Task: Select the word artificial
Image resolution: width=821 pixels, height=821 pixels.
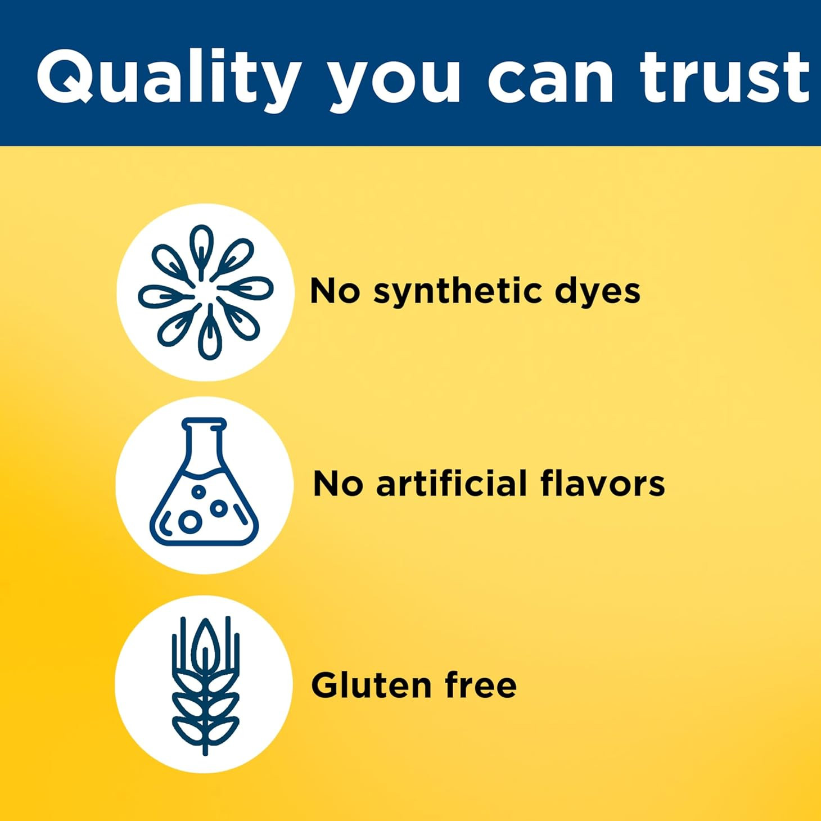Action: point(452,484)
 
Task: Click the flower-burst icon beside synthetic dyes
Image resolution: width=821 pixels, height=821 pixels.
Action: point(206,292)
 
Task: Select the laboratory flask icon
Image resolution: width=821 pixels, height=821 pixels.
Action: point(204,482)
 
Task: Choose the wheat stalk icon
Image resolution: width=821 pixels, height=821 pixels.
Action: point(205,686)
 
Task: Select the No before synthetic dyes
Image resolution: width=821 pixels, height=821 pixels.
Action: point(335,291)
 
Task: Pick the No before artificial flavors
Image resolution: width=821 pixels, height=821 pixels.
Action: point(339,484)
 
